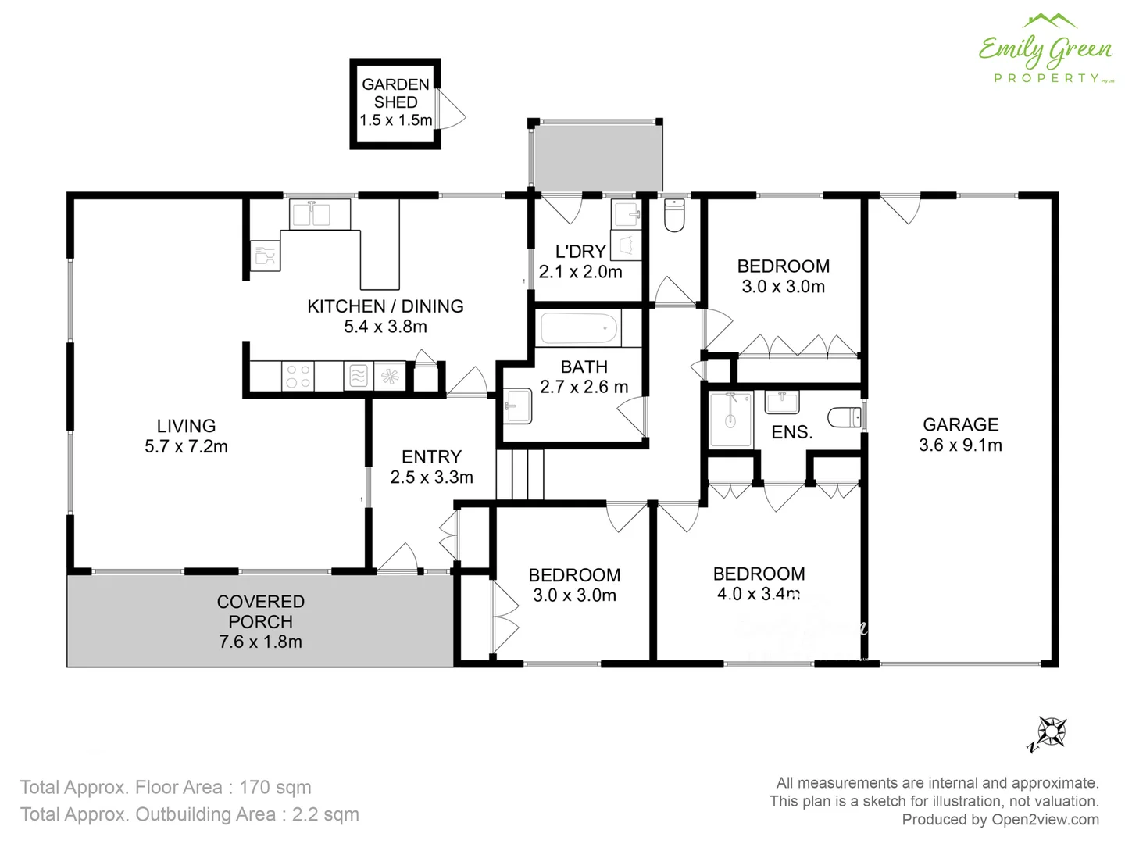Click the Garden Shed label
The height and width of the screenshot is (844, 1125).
(395, 93)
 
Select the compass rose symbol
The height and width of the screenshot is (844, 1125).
(1048, 733)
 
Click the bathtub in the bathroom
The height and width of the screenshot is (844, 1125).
(580, 328)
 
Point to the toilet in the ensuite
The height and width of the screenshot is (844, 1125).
(844, 418)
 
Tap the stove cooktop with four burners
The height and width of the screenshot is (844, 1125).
(298, 376)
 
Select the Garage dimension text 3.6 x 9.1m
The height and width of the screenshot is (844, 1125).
(960, 445)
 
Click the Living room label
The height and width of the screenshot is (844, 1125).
(186, 426)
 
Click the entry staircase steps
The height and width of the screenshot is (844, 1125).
(520, 474)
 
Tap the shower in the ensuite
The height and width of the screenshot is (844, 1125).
(730, 420)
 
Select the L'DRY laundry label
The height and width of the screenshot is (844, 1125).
(580, 252)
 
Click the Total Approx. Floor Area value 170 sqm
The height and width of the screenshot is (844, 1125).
(275, 787)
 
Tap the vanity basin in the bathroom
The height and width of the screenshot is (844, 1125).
(517, 406)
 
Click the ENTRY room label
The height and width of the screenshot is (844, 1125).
(431, 457)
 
